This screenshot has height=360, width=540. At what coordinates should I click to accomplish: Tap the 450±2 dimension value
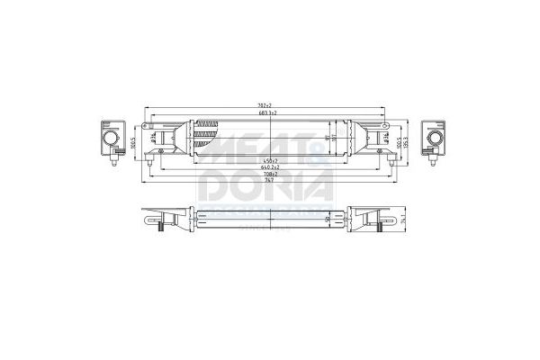pyautogui.click(x=264, y=160)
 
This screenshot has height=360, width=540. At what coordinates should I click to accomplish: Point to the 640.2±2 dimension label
pyautogui.click(x=264, y=167)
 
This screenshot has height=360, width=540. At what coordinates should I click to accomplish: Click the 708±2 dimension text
pyautogui.click(x=264, y=175)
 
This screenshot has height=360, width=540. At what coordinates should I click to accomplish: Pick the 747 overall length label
pyautogui.click(x=264, y=182)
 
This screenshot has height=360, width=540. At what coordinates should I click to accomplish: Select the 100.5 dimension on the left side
pyautogui.click(x=133, y=141)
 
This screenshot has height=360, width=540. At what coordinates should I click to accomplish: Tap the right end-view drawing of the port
pyautogui.click(x=435, y=140)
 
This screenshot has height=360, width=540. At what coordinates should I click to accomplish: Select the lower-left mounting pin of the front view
pyautogui.click(x=148, y=162)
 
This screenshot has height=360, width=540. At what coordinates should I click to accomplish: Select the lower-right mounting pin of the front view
pyautogui.click(x=390, y=162)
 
